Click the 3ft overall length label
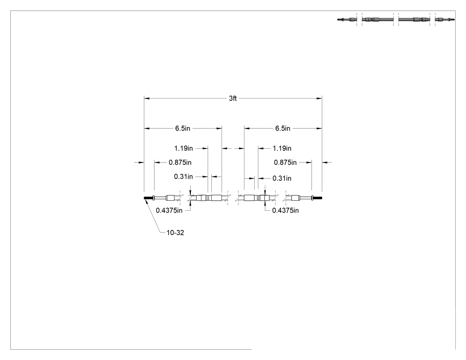(x=233, y=99)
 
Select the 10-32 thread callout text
(x=175, y=233)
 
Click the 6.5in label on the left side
(x=182, y=128)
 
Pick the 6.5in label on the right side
(x=283, y=128)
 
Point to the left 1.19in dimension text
(x=183, y=148)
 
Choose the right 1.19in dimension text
(x=282, y=148)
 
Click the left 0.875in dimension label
(x=180, y=162)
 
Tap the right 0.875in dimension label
(x=285, y=162)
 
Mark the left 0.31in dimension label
(x=183, y=177)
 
